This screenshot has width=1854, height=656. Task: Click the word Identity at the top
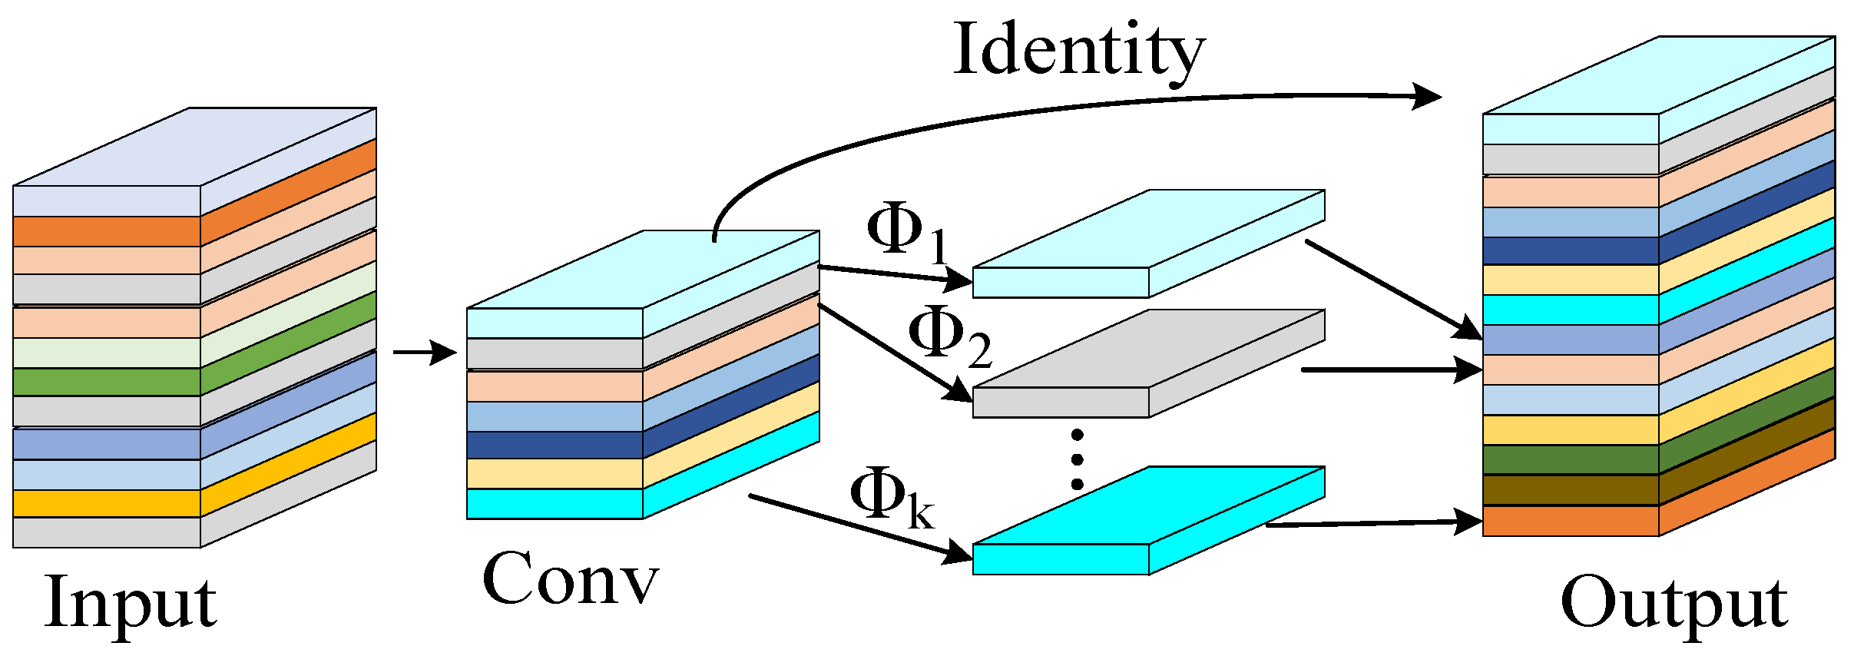pyautogui.click(x=1078, y=51)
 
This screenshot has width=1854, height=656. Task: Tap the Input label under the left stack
pyautogui.click(x=131, y=604)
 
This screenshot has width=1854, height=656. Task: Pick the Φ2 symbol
pyautogui.click(x=948, y=336)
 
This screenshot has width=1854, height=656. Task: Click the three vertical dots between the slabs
pyautogui.click(x=1077, y=459)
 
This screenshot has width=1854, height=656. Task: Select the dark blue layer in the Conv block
pyautogui.click(x=555, y=446)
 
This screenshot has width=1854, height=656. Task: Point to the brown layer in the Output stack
pyautogui.click(x=1570, y=489)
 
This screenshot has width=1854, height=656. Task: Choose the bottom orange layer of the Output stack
pyautogui.click(x=1570, y=521)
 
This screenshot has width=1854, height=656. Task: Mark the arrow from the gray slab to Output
pyautogui.click(x=1390, y=370)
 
